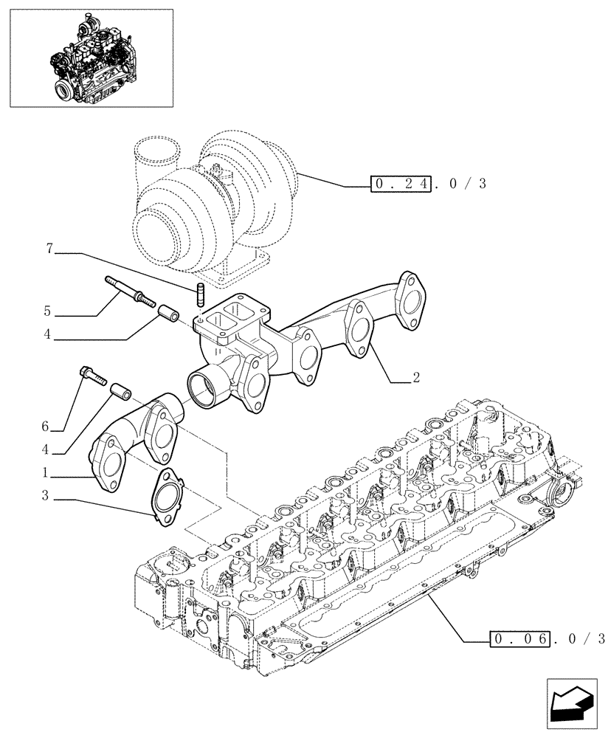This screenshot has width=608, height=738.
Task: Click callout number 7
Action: tap(50, 249)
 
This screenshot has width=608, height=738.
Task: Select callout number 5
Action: tap(46, 311)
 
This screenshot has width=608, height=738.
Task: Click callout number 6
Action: tap(46, 427)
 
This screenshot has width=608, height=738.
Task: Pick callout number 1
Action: tap(46, 472)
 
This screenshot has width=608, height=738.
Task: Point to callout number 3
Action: tap(46, 497)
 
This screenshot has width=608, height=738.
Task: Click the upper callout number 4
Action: tap(46, 334)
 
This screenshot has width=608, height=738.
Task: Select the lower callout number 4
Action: tap(46, 449)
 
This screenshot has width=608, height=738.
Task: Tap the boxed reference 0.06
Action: tap(519, 638)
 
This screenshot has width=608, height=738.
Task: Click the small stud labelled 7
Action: tap(199, 294)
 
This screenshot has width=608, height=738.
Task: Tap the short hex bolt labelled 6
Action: tap(91, 376)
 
